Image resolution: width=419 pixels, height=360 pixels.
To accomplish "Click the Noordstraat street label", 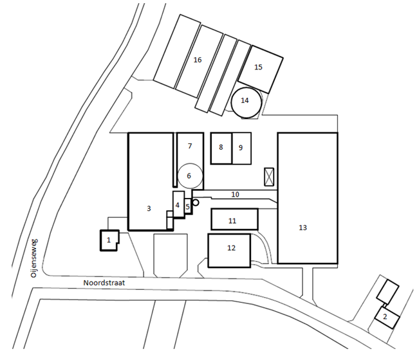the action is [x=104, y=283].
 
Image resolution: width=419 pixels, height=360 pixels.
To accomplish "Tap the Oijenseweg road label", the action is [x=34, y=258].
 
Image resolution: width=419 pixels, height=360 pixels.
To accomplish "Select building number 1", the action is [x=109, y=240].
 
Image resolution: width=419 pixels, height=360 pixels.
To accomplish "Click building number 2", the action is [x=387, y=317].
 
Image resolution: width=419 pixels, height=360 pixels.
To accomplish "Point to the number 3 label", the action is [x=149, y=208].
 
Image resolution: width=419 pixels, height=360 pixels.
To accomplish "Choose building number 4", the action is [x=178, y=204].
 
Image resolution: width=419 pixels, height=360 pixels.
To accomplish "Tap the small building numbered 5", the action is [x=188, y=206].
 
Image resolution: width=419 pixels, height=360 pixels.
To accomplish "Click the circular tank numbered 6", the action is [x=191, y=175].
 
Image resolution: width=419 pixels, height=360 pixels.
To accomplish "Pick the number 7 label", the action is [x=190, y=146].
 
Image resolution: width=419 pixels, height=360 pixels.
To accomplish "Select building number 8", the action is [x=221, y=148].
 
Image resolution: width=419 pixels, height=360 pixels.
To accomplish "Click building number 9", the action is [x=241, y=148].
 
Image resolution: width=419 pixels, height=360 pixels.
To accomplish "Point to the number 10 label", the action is [x=235, y=194].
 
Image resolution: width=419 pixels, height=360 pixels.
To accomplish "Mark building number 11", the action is [x=235, y=219].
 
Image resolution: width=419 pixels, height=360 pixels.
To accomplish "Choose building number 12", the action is [x=229, y=251].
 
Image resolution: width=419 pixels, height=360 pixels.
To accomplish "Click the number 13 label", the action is [x=303, y=228].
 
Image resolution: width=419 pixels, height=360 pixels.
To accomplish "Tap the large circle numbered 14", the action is [x=246, y=102].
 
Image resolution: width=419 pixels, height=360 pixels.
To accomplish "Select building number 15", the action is [x=261, y=69].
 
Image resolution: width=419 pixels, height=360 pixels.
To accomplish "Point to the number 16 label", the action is [x=198, y=60].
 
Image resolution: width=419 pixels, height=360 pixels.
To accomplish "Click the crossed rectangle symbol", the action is [x=269, y=177].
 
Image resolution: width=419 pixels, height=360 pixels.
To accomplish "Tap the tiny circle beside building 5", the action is [x=196, y=203].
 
